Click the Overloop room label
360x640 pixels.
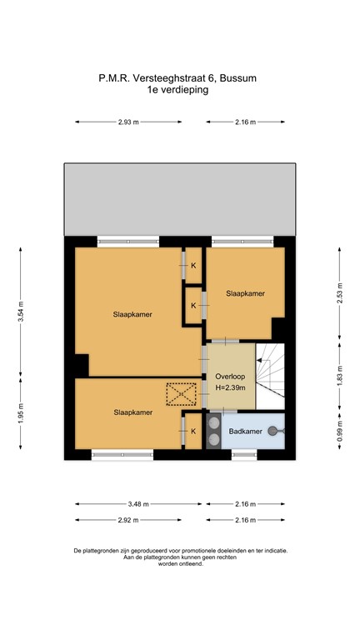(231, 376)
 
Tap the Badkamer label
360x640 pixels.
(245, 431)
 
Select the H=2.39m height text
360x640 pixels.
(231, 387)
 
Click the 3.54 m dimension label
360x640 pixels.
(21, 312)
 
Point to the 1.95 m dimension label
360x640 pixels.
(21, 412)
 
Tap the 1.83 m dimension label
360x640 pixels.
(340, 376)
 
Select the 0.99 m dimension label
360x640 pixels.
(340, 431)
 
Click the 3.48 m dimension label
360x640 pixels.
(139, 504)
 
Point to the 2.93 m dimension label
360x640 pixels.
(128, 122)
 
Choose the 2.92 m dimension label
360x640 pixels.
(128, 520)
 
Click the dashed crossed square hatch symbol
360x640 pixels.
(181, 394)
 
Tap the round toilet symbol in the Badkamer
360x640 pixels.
(272, 431)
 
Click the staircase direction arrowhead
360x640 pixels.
(259, 360)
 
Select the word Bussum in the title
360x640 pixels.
(238, 77)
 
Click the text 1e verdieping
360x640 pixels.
(178, 90)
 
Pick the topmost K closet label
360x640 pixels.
(194, 265)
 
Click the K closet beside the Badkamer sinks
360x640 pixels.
(193, 431)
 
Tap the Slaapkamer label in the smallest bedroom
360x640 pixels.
(245, 293)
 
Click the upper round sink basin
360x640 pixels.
(213, 423)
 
